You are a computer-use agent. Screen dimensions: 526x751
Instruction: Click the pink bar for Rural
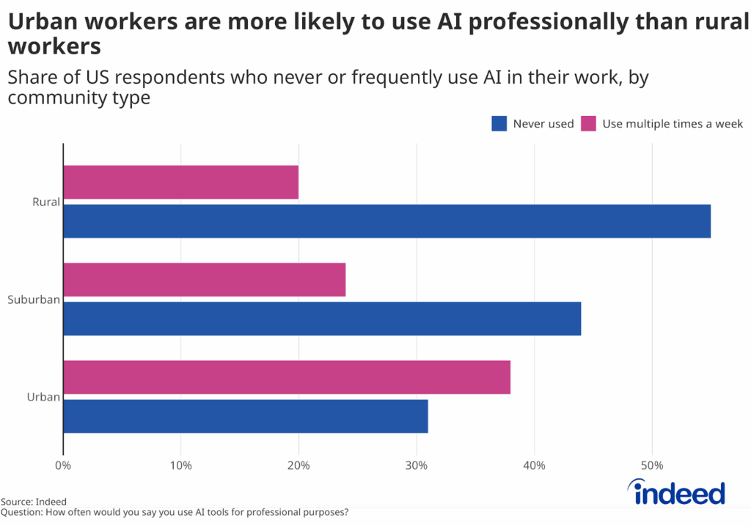(180, 182)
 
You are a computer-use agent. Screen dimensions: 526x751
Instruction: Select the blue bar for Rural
(387, 221)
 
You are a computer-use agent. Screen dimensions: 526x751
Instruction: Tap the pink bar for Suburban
(204, 280)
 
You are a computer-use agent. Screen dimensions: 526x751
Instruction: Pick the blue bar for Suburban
(322, 318)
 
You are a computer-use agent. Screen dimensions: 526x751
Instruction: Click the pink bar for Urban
(287, 377)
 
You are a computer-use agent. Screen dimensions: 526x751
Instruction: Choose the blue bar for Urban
(245, 416)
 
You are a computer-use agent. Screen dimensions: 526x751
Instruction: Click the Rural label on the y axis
(45, 202)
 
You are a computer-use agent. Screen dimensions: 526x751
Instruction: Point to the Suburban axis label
(34, 299)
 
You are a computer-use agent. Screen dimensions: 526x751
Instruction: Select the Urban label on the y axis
(43, 397)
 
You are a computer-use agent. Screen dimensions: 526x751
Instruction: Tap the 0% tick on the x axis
(63, 465)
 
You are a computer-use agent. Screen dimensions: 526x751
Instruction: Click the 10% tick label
(180, 465)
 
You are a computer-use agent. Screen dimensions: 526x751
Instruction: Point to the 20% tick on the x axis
(298, 465)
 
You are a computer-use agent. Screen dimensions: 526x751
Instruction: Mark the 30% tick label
(417, 465)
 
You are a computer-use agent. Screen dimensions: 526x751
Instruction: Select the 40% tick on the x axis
(534, 465)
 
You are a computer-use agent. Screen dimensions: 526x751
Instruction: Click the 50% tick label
(652, 465)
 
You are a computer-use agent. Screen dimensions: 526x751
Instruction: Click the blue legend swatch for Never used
(499, 123)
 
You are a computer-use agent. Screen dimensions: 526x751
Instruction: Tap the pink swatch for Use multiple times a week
(588, 123)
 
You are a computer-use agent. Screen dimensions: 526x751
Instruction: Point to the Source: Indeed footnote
(34, 502)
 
